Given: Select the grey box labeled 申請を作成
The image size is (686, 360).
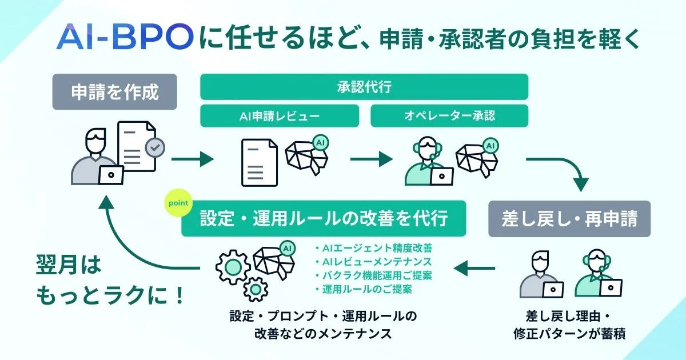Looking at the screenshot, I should pos(114,92).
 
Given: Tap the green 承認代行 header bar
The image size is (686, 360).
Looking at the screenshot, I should pos(364,87).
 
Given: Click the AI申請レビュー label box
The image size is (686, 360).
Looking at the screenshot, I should pos(280,116).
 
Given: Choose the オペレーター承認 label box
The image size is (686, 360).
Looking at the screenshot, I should pos(449,116).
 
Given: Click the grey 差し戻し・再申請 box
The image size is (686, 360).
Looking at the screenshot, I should pos(569,219).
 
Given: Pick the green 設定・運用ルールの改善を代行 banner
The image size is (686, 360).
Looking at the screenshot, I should pos(324,219).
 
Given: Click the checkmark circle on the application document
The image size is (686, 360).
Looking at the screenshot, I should pos(154,147).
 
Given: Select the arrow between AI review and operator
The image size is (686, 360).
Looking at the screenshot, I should pos(371,158).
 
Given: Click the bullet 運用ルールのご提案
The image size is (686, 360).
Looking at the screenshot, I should pos(363,289).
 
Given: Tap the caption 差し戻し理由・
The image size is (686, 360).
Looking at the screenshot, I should pos(569,315).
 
